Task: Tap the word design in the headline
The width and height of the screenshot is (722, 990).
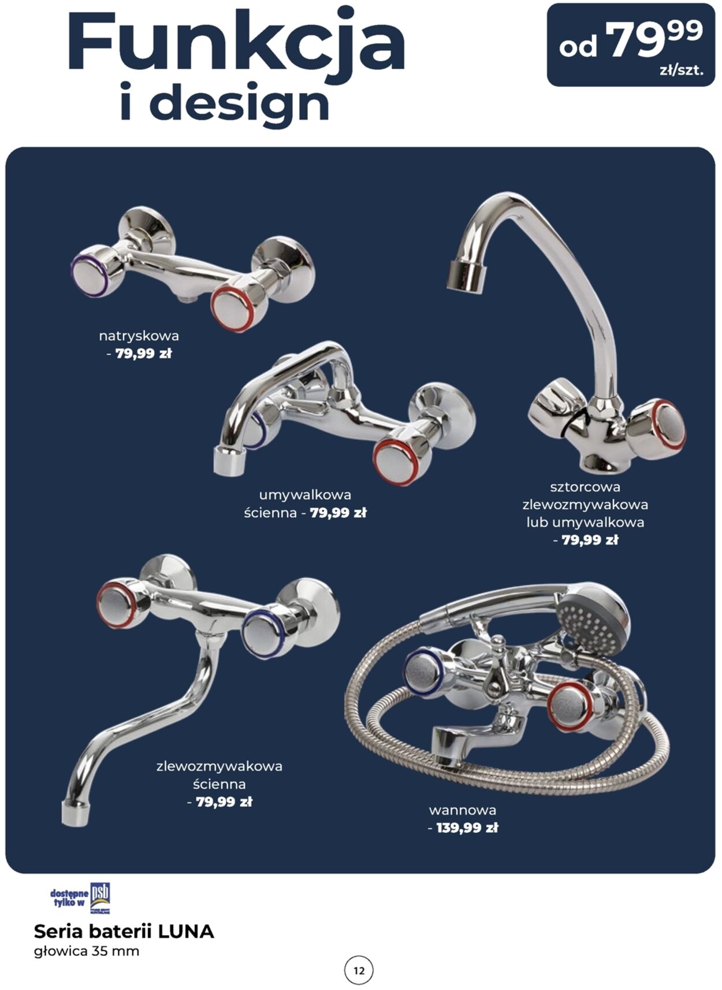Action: [x=240, y=103]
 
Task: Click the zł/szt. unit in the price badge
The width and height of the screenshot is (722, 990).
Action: [x=681, y=71]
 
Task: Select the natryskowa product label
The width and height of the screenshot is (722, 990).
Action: [x=139, y=336]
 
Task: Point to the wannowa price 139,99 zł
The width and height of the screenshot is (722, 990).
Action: [x=467, y=828]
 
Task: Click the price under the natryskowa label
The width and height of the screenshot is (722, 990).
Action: [x=143, y=354]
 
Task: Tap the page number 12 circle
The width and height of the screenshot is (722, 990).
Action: [x=359, y=970]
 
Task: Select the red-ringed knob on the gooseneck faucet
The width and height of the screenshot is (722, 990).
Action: [x=663, y=425]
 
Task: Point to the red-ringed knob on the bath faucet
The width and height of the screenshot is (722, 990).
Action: [x=569, y=706]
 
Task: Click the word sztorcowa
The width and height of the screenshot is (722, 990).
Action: [x=585, y=487]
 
